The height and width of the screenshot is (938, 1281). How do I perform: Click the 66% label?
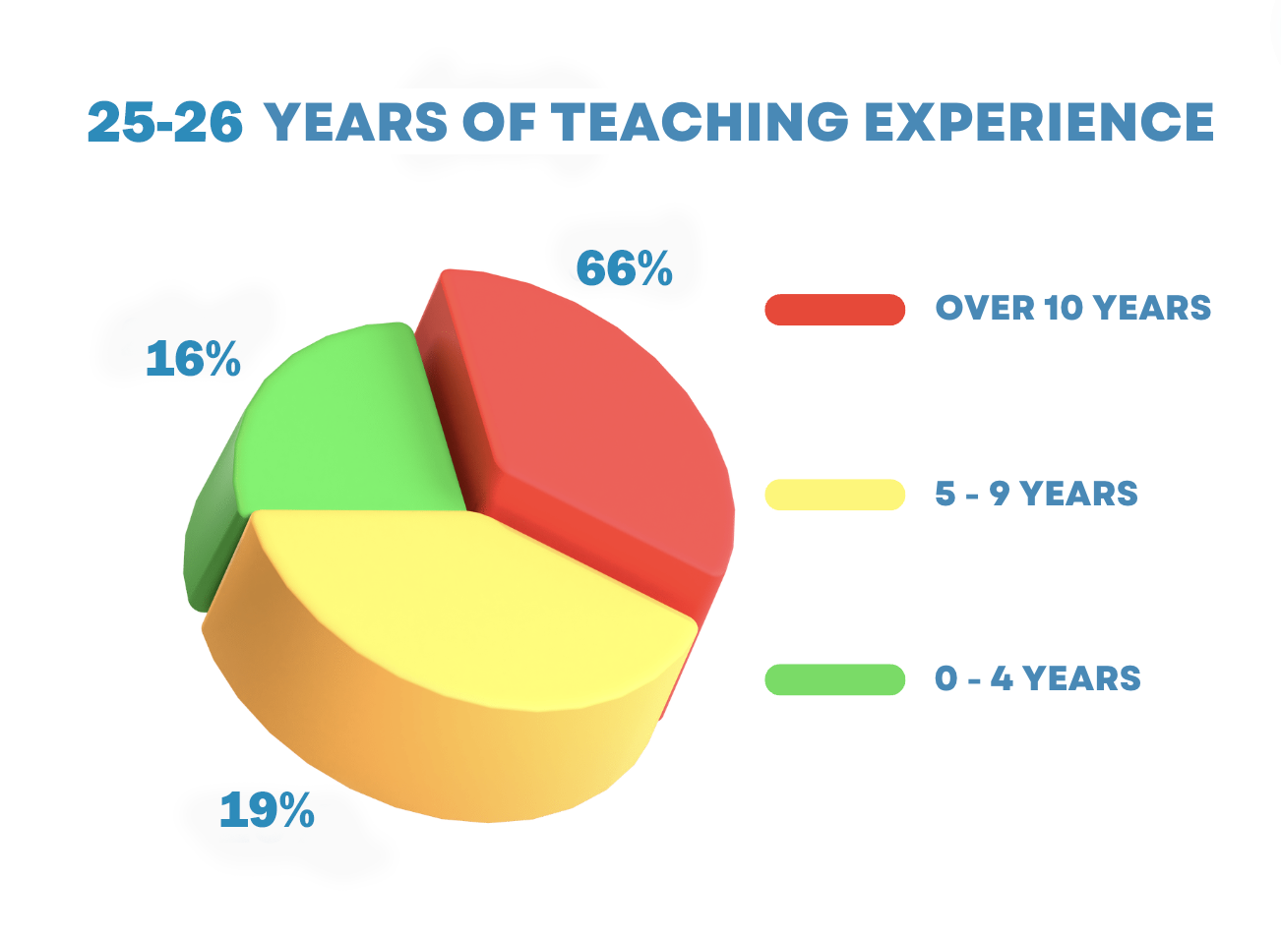[x=624, y=267]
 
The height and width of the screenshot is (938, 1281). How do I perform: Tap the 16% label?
[x=193, y=359]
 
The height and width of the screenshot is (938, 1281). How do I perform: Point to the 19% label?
[x=267, y=810]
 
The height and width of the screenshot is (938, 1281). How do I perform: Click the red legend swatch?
[x=835, y=310]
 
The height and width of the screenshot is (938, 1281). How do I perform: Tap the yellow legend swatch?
[x=835, y=495]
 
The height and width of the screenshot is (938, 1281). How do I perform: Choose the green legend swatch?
[x=835, y=679]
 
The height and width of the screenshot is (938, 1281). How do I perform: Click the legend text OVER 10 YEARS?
[x=1072, y=308]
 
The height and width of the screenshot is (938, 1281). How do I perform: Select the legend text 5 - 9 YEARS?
[x=1036, y=494]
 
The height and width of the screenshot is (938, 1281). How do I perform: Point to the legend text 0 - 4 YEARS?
[x=1037, y=678]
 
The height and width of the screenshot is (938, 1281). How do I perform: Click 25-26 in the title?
[x=165, y=122]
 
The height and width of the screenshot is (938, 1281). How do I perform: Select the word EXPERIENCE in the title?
[x=1039, y=122]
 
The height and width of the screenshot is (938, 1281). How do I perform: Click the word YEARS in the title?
[x=356, y=122]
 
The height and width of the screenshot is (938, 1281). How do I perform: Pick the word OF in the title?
[x=499, y=122]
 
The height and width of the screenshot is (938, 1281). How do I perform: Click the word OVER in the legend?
[x=985, y=308]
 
